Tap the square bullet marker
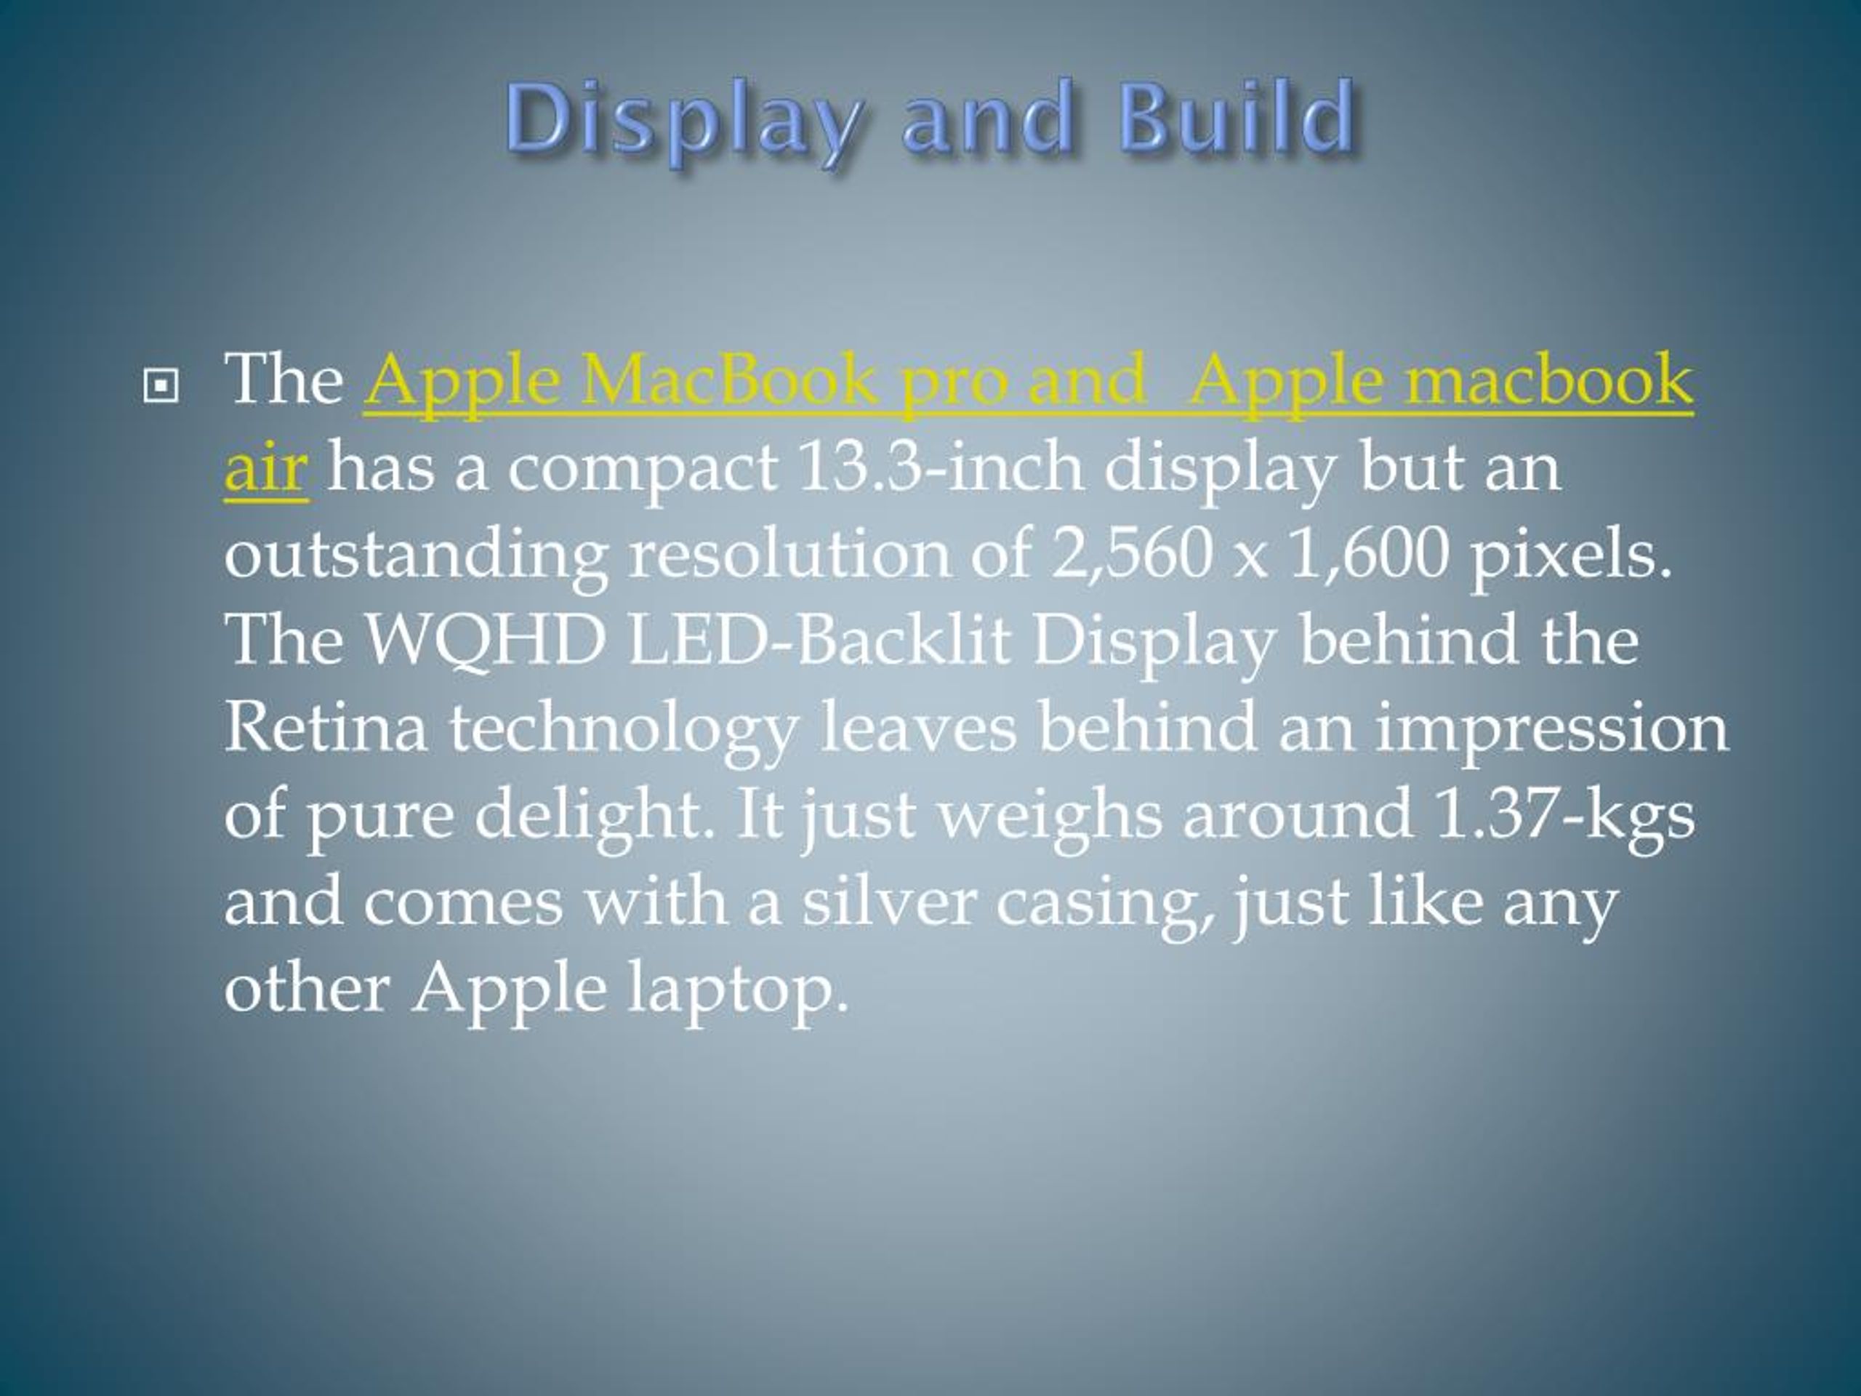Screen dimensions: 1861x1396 click(161, 386)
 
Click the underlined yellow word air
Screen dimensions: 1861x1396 click(266, 467)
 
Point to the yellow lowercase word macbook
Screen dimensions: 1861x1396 click(1550, 380)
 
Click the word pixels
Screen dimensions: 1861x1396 click(1570, 558)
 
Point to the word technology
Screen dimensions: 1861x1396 click(624, 731)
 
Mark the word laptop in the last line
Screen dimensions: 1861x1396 click(739, 991)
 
